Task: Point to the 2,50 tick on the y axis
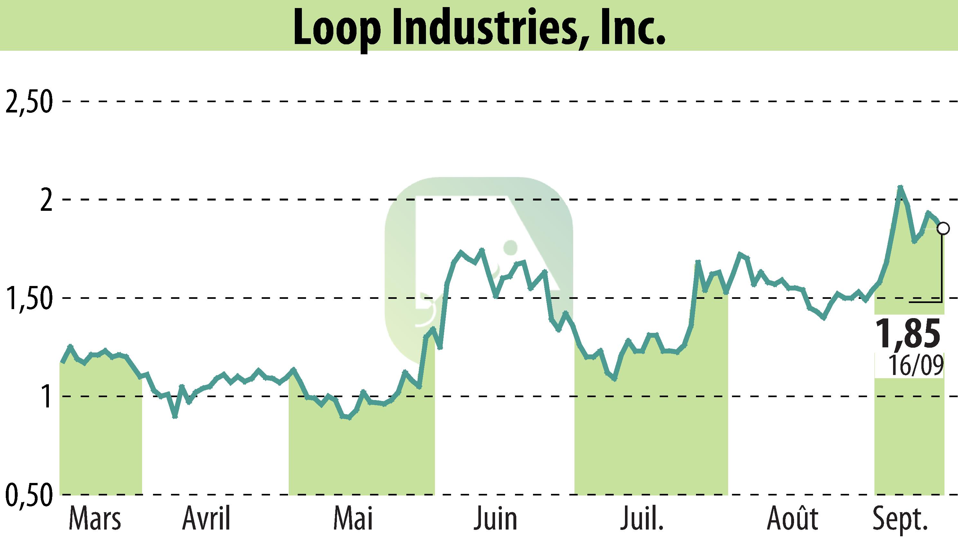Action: tap(28, 102)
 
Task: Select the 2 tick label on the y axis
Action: tap(46, 200)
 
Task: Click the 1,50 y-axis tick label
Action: tap(28, 298)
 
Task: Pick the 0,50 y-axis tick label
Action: tap(28, 495)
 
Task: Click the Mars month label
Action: tap(95, 519)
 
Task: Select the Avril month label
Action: tap(206, 519)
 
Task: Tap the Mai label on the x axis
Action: tap(353, 519)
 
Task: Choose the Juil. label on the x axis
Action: tap(642, 519)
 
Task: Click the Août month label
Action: tap(792, 519)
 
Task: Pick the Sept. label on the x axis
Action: tap(900, 519)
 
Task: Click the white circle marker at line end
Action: tap(944, 228)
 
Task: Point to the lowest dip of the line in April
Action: tap(175, 416)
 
